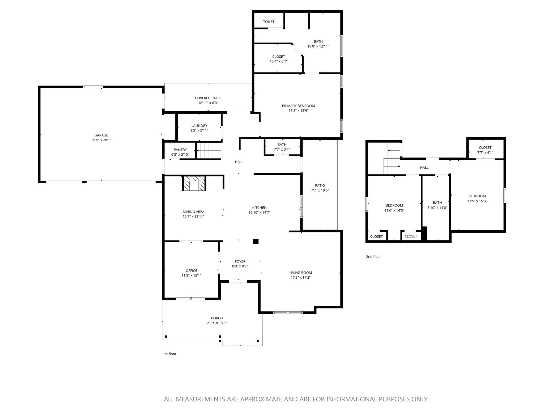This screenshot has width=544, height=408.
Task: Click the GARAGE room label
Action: tap(101, 135)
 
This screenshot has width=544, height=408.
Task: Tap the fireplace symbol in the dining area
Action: tap(194, 183)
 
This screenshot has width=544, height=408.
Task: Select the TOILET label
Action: tap(269, 22)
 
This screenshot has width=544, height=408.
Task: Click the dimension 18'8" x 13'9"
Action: tap(298, 111)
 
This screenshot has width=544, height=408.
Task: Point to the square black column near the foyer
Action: tap(256, 241)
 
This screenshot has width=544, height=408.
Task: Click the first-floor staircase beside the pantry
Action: tap(209, 151)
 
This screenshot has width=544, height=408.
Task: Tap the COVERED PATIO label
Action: tap(208, 98)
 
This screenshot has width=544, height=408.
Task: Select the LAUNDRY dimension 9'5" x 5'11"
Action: tap(199, 130)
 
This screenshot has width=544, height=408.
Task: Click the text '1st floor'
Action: tap(169, 354)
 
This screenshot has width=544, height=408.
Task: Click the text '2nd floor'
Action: tap(373, 257)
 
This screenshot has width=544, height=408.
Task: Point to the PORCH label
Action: tap(217, 318)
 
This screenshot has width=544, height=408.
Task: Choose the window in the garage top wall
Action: tap(93, 87)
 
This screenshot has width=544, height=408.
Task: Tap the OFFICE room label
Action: tap(191, 271)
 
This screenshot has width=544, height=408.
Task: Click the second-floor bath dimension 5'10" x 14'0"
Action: tap(437, 208)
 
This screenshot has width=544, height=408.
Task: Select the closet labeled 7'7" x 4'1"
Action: tap(485, 150)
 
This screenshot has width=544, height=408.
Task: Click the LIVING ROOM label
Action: tap(300, 273)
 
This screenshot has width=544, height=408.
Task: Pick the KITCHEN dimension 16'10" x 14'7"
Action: tap(259, 212)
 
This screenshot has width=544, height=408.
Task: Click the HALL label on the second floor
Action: tap(424, 168)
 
